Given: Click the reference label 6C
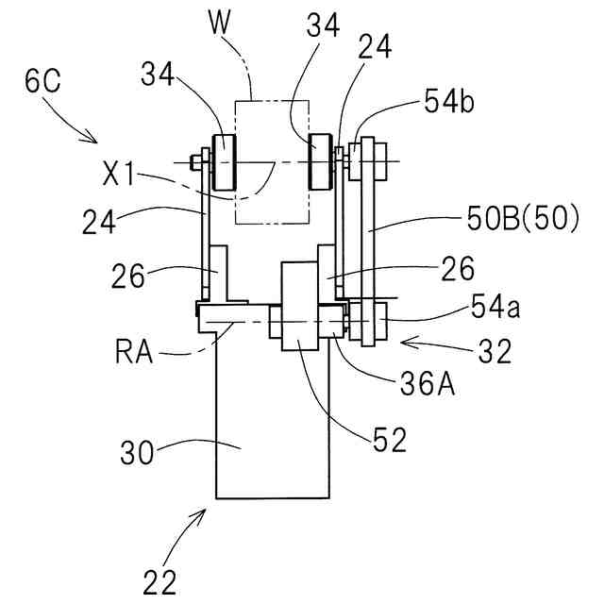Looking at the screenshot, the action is tap(42, 81).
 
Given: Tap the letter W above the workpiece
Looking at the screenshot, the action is tap(220, 22).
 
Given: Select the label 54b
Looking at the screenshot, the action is tap(449, 101).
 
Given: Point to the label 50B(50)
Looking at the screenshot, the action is tap(523, 218).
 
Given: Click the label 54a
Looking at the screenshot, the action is tap(495, 308).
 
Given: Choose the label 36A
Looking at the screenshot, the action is tap(428, 384).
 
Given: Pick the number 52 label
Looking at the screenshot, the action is tap(390, 440).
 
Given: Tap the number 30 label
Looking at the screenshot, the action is tap(137, 452).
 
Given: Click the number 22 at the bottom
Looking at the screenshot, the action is tap(159, 581).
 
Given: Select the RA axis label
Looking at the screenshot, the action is tap(134, 352).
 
